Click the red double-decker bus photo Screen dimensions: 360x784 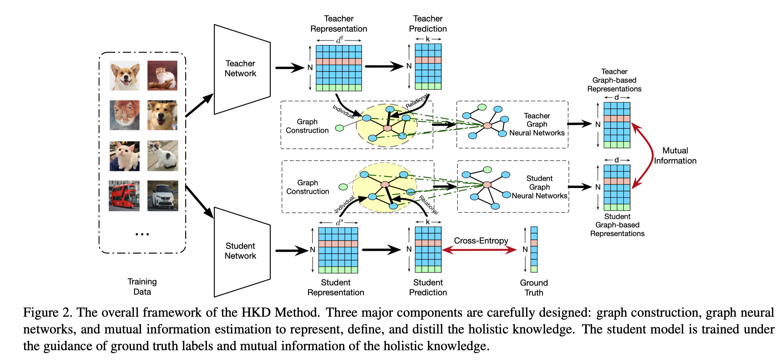(x=124, y=196)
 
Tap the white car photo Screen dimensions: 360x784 (x=163, y=196)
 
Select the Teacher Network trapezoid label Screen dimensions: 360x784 (x=240, y=68)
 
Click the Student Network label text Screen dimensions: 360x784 (x=240, y=251)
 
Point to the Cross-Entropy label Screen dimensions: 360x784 (x=481, y=241)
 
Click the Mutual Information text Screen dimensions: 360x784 (x=675, y=156)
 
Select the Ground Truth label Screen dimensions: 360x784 (x=534, y=288)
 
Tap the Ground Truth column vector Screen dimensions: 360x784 (x=534, y=249)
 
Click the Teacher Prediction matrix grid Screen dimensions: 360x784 (x=428, y=67)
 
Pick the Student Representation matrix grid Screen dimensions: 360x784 (x=338, y=250)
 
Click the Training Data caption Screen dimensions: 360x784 (x=142, y=287)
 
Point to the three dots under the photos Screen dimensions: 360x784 (x=142, y=234)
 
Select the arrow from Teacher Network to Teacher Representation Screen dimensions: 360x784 (x=290, y=68)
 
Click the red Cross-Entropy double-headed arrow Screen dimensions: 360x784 (x=479, y=250)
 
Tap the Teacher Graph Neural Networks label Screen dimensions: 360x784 (x=537, y=124)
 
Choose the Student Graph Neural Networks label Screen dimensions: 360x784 (x=539, y=187)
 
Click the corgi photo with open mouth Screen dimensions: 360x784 (x=124, y=76)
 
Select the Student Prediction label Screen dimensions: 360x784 (x=428, y=288)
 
